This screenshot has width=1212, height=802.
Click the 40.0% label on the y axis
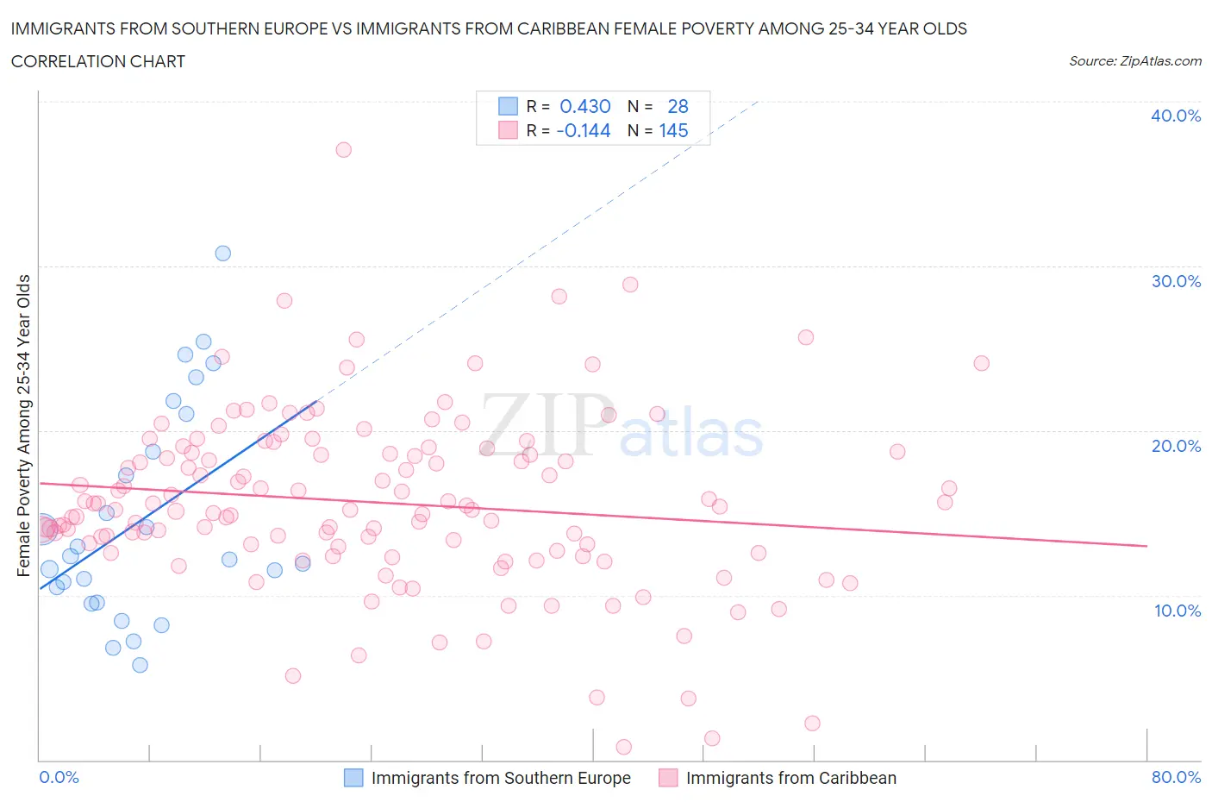[1176, 116]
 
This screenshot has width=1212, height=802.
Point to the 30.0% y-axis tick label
[1176, 281]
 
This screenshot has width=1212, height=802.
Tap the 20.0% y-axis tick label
[1176, 446]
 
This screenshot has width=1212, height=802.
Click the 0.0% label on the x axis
[59, 777]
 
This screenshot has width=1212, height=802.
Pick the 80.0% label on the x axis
[1176, 777]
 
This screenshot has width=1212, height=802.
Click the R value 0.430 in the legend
[585, 106]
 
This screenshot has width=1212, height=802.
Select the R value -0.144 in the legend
[584, 130]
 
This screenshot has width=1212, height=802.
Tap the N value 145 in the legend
[673, 130]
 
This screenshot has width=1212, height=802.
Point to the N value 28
[678, 106]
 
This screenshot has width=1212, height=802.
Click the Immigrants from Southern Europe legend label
[501, 778]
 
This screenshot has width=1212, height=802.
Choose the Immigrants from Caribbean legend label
[790, 778]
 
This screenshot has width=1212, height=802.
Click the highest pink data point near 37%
[343, 149]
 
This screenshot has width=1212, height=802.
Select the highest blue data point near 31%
[223, 253]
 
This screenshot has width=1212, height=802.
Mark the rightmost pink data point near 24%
[981, 363]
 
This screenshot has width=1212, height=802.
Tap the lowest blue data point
[140, 665]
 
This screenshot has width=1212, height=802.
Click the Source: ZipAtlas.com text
[1134, 60]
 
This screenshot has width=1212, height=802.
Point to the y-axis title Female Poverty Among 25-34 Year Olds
[23, 425]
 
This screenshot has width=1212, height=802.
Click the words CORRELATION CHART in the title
[98, 61]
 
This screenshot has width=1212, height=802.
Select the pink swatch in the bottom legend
[668, 778]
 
